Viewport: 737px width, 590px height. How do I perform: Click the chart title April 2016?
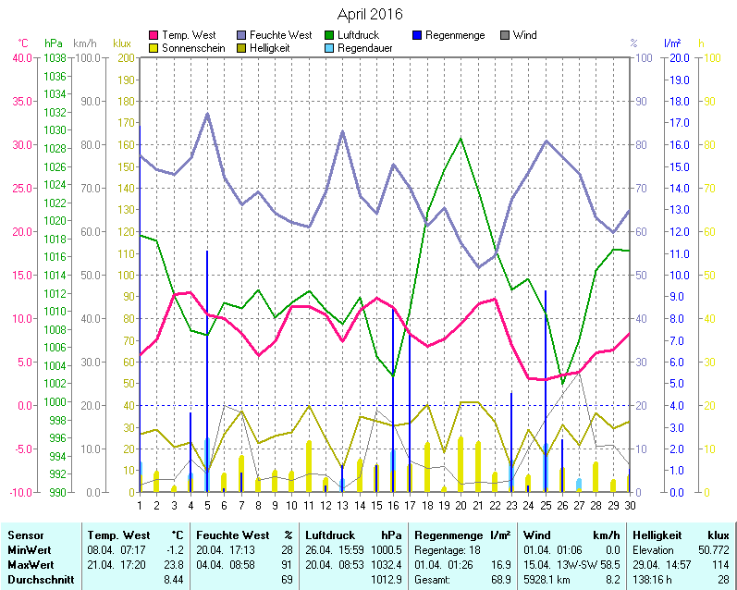click(370, 14)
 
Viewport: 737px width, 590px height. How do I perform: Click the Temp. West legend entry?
click(189, 35)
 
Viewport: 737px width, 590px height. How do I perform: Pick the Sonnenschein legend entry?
click(192, 47)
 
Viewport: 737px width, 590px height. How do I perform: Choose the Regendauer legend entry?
click(364, 47)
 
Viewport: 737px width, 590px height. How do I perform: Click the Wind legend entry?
click(524, 35)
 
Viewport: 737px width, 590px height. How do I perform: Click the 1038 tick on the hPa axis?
click(55, 57)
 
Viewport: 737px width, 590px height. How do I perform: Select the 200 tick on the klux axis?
click(123, 57)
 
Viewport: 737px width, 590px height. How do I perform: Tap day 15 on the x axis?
click(376, 504)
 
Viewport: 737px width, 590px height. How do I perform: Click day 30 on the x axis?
click(630, 504)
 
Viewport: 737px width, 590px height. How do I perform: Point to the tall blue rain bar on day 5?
click(207, 370)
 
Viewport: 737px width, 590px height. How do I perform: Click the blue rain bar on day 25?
click(546, 388)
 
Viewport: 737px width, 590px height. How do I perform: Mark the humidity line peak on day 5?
click(207, 114)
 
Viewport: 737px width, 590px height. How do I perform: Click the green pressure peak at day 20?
click(461, 139)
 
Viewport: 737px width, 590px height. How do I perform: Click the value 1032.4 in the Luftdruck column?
click(388, 564)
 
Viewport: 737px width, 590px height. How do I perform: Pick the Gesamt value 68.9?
click(500, 578)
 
